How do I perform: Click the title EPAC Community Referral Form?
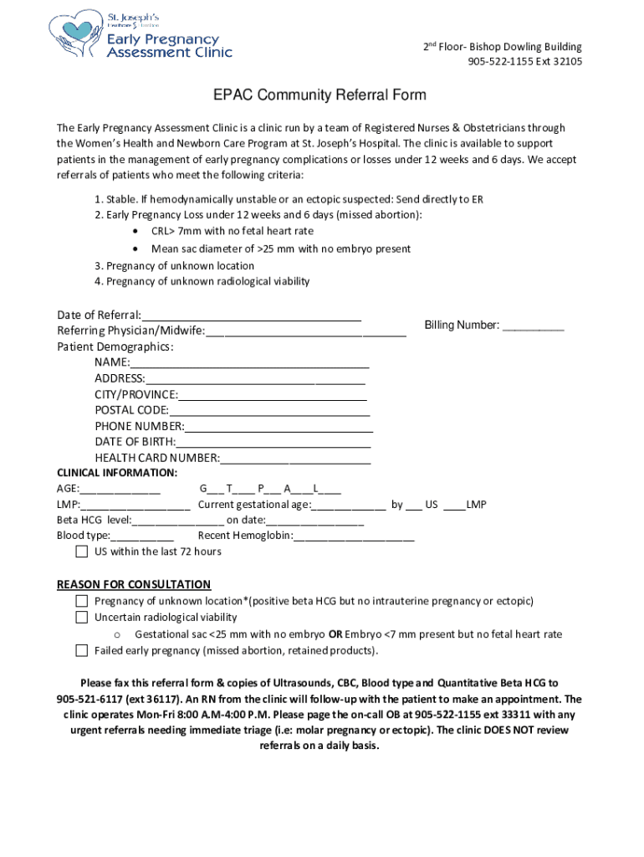(x=318, y=95)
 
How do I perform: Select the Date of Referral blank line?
(x=251, y=316)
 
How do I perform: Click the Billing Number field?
(x=533, y=326)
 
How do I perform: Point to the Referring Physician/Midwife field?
(x=305, y=331)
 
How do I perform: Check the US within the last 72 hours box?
(x=81, y=552)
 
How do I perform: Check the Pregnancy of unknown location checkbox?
(x=81, y=601)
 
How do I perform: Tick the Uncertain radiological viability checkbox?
(x=81, y=618)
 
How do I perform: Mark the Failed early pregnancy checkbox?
(x=81, y=650)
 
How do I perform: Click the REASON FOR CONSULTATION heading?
(x=134, y=584)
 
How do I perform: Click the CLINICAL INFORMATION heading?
(x=116, y=473)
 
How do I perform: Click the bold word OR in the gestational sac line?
(x=335, y=634)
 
